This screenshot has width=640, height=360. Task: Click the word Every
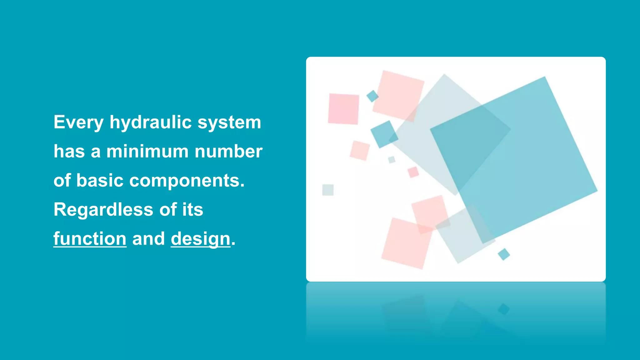(x=78, y=122)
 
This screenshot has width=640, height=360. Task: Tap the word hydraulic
(x=150, y=122)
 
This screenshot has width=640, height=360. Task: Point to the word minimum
(x=147, y=152)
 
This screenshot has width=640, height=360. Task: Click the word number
(x=228, y=152)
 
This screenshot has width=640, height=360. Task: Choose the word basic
(x=100, y=181)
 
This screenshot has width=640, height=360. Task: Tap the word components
(x=187, y=181)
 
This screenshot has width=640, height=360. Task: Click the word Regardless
(x=103, y=209)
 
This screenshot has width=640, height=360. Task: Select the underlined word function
(x=90, y=239)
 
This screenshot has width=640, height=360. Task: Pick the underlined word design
(x=200, y=239)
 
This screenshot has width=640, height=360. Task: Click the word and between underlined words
(x=148, y=239)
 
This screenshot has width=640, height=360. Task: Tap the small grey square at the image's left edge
(x=328, y=190)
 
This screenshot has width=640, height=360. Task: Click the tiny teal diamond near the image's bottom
(x=503, y=254)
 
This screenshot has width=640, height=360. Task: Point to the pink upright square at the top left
(x=343, y=109)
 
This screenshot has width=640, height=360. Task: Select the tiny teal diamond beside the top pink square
(x=372, y=96)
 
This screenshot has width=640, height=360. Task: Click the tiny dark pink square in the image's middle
(x=413, y=172)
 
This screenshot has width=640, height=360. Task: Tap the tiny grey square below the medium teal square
(x=392, y=160)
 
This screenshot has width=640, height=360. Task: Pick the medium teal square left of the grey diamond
(x=384, y=134)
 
